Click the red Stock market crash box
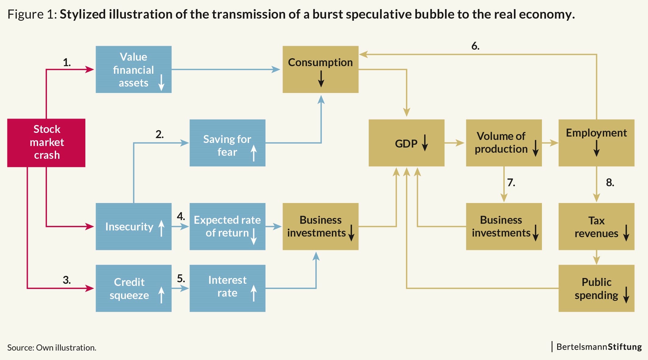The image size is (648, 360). tap(46, 143)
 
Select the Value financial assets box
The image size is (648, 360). tap(134, 70)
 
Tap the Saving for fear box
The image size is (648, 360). tap(227, 143)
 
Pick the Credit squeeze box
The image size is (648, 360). tap(134, 288)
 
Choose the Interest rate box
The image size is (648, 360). tap(227, 288)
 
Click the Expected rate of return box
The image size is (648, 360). tap(227, 226)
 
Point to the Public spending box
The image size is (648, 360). tap(596, 288)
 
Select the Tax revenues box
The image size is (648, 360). tap(596, 226)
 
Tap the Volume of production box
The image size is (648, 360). tap(504, 143)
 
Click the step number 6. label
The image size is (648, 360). tap(475, 46)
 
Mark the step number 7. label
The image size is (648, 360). tap(511, 182)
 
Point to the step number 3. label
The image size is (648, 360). tap(67, 280)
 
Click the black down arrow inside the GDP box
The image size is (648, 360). tap(425, 143)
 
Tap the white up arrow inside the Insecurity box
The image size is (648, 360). tap(161, 228)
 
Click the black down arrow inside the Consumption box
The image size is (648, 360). tap(321, 79)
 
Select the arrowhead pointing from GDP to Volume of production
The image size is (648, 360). tap(460, 143)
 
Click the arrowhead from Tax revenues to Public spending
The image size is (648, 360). tap(596, 260)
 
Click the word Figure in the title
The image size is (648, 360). tap(26, 14)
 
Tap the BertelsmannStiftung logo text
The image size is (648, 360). tap(599, 347)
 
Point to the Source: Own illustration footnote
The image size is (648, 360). tap(52, 348)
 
